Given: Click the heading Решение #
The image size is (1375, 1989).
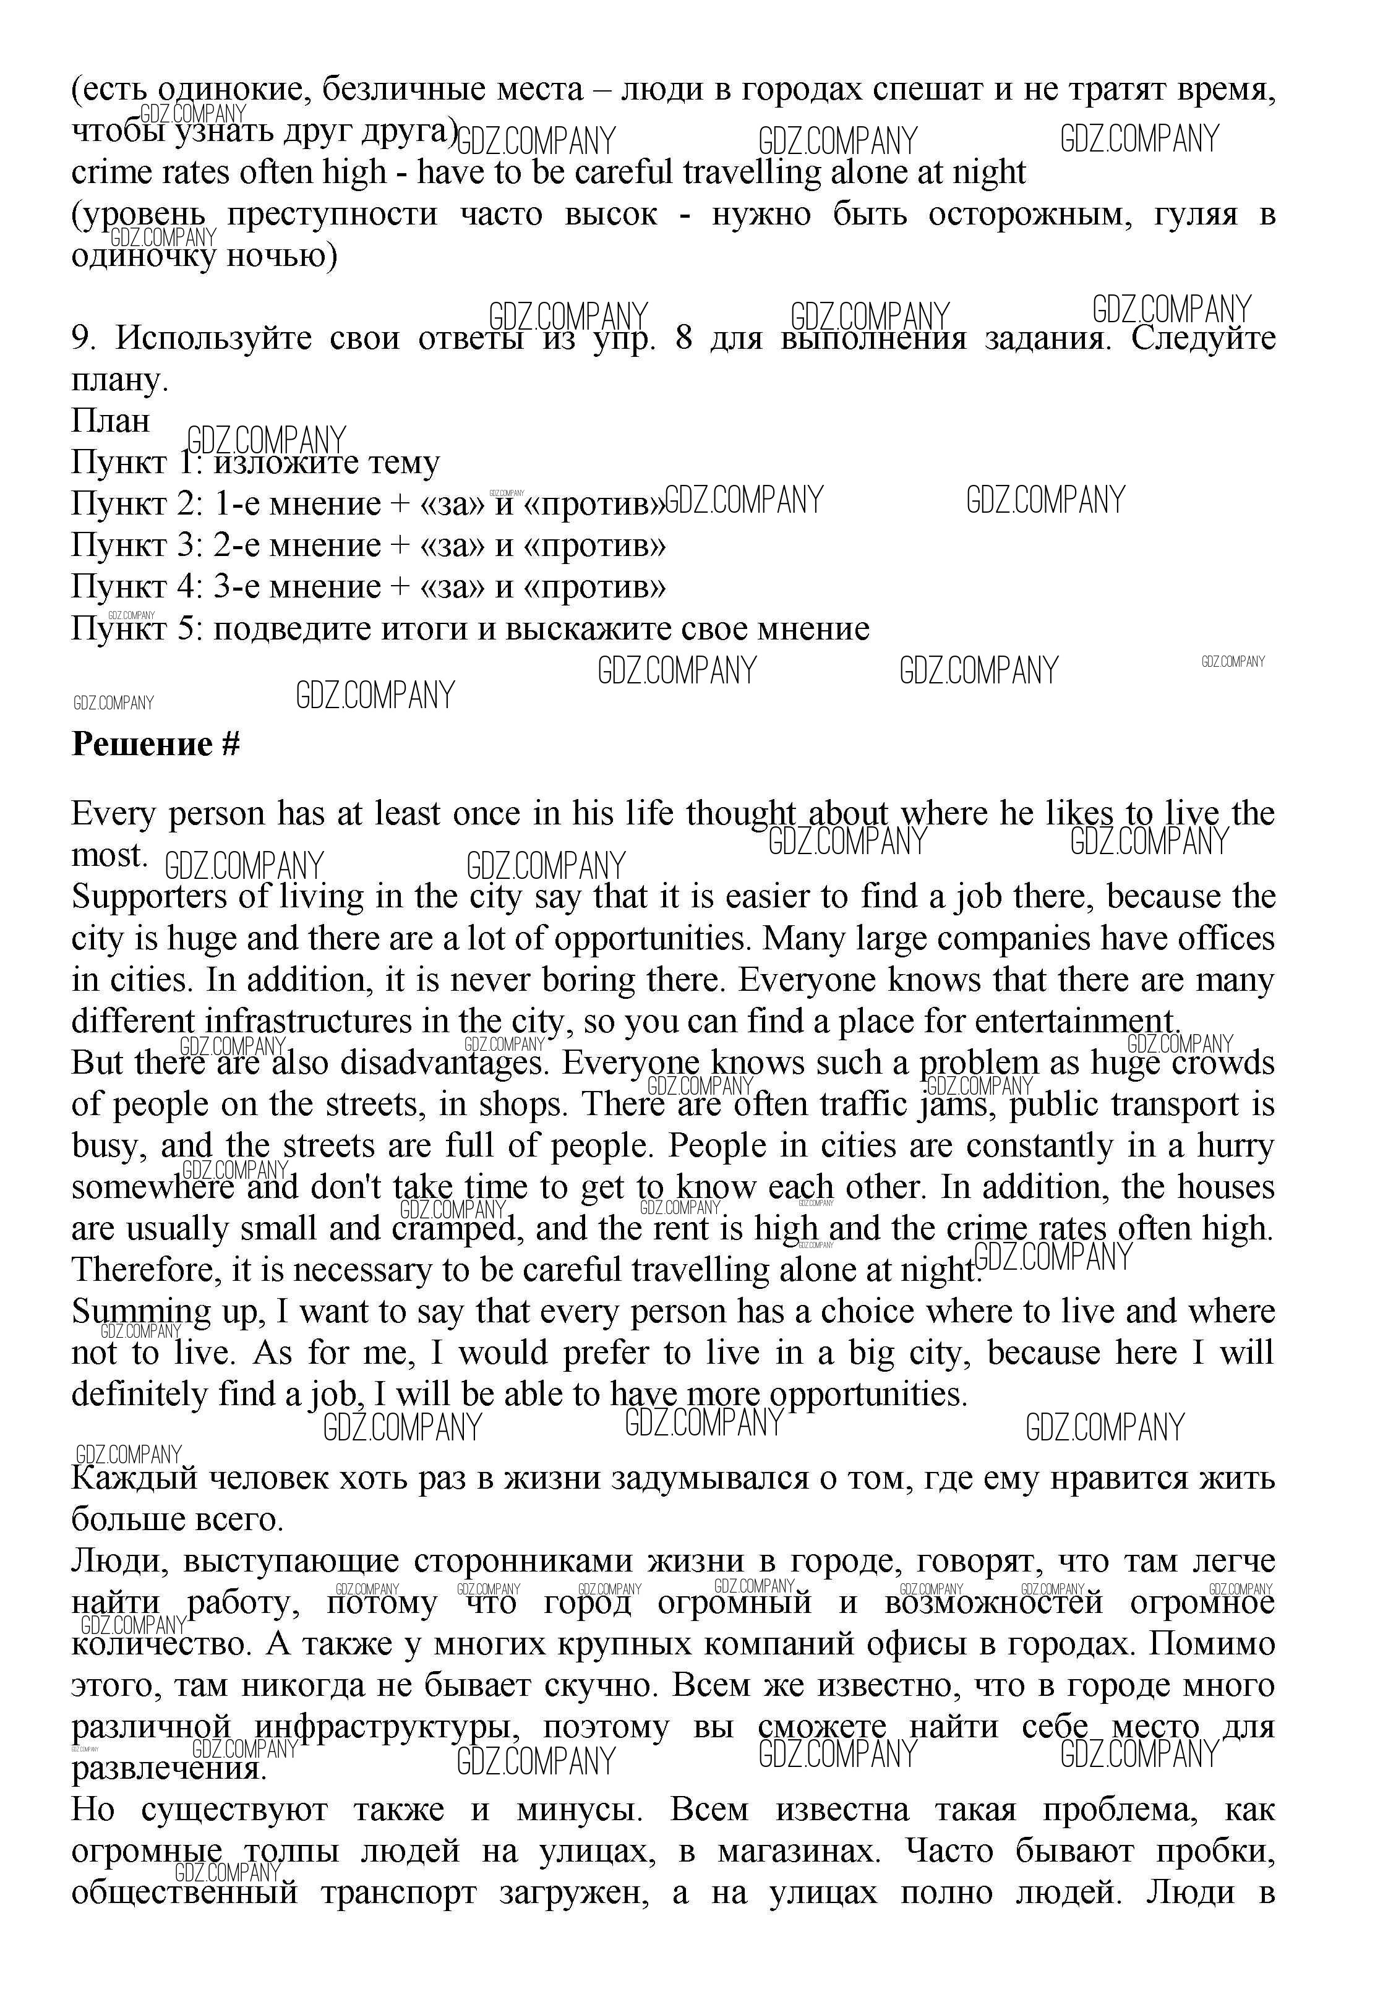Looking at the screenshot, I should tap(155, 743).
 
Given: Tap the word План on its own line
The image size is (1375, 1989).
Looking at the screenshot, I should tap(110, 421).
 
